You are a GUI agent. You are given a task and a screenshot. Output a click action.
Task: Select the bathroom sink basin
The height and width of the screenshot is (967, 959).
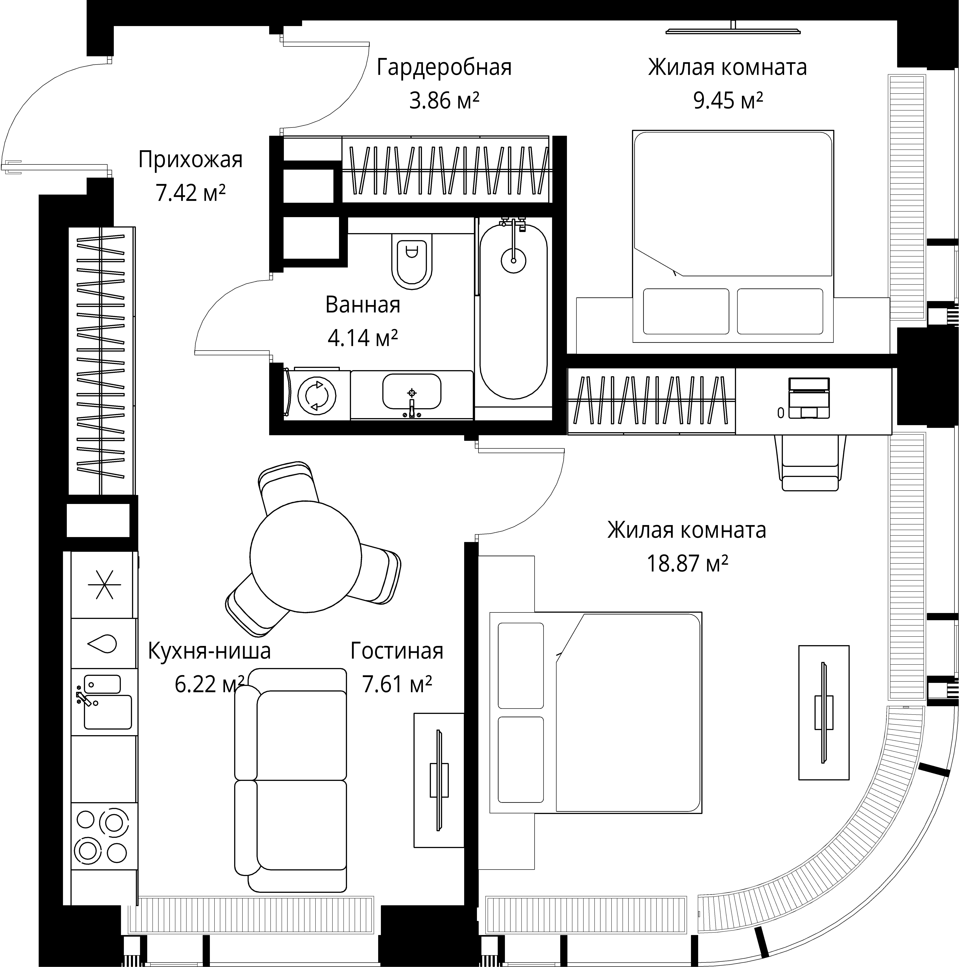coord(412,391)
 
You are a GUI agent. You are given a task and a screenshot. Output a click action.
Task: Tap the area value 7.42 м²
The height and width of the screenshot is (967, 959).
coord(191,193)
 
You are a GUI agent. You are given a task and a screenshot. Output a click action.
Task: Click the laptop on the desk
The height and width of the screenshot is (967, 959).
coord(809,398)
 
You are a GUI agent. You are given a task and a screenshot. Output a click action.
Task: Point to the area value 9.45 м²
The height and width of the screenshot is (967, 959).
coord(728,101)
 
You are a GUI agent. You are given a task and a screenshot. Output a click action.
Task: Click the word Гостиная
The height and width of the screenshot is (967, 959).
coord(397,651)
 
